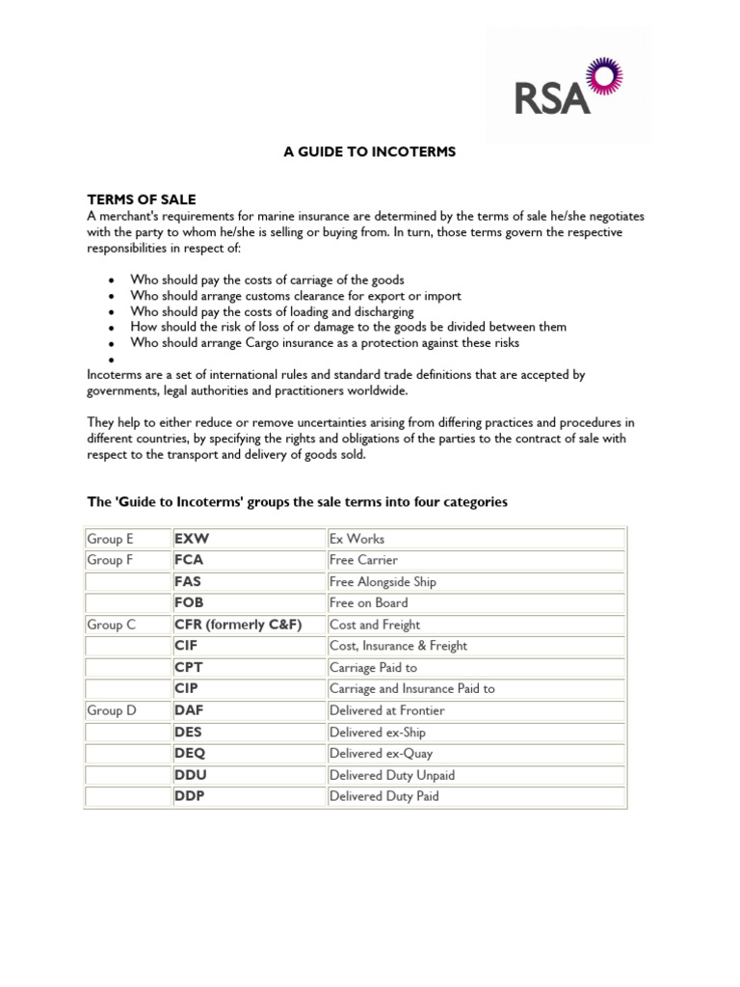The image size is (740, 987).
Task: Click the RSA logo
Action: coord(567,87)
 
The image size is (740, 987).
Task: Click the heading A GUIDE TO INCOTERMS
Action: coord(369,152)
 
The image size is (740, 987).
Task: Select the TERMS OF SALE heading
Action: coord(141,200)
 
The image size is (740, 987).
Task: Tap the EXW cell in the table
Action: coord(192,539)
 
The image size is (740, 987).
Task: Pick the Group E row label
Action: coord(110,539)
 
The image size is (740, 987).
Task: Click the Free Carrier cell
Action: coord(363,560)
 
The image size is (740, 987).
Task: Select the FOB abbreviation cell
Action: coord(189,603)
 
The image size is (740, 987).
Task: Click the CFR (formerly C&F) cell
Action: coord(238,625)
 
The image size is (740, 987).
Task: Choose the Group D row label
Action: coord(112,710)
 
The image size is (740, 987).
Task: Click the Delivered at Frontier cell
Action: coord(386,710)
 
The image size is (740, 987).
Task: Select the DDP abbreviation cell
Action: coord(190,796)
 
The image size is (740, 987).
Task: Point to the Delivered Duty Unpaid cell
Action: coord(391,775)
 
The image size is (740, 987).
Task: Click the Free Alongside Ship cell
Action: coord(381,582)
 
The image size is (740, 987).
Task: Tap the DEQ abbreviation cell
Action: coord(190,754)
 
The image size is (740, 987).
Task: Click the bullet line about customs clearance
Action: coord(296,296)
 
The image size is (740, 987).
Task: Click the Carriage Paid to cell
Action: coord(373,667)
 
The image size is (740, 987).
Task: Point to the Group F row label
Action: coord(110,560)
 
